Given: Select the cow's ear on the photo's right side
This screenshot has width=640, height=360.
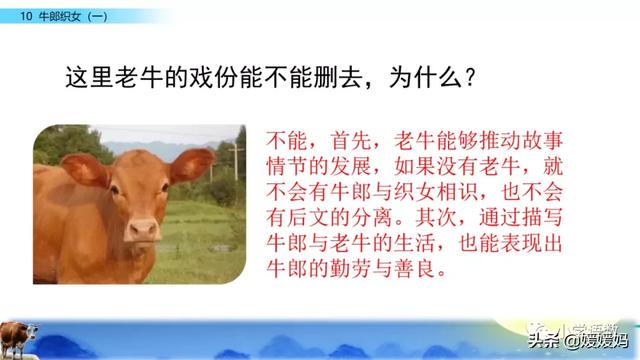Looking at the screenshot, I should (x=189, y=163).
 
